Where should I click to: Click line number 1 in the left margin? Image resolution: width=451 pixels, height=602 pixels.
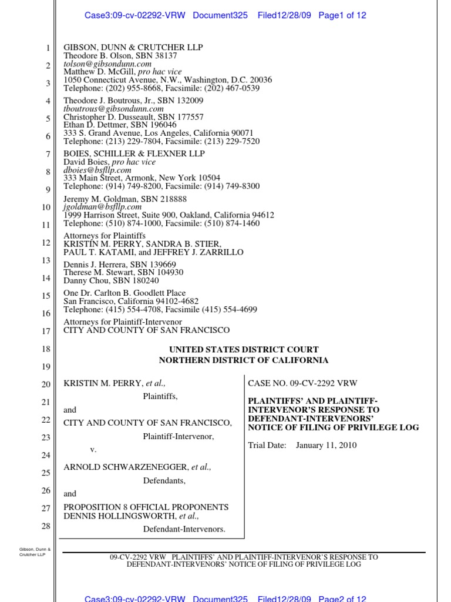[x=48, y=48]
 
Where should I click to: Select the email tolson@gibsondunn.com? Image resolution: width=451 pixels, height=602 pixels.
[x=107, y=63]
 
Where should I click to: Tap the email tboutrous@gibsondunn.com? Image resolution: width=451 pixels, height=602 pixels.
[x=113, y=109]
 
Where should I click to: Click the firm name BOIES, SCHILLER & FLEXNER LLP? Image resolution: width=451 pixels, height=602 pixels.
[x=134, y=154]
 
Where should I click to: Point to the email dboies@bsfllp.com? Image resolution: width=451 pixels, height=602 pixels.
[x=97, y=170]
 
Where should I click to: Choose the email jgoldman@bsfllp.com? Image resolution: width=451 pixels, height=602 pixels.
[x=103, y=207]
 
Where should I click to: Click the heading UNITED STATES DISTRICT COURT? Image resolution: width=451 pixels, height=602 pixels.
[x=244, y=350]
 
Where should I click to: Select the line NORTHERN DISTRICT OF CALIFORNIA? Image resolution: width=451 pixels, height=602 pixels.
[x=244, y=360]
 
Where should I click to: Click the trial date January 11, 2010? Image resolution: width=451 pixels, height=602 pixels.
[x=326, y=445]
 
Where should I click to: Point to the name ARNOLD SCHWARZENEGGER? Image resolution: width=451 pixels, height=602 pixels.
[x=126, y=467]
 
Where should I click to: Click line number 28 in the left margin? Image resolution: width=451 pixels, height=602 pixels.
[x=46, y=526]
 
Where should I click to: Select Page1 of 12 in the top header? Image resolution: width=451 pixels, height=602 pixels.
[x=342, y=15]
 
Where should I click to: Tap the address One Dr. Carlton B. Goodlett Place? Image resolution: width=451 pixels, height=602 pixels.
[x=124, y=293]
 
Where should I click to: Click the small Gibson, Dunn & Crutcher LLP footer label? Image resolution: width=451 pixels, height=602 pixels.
[x=35, y=552]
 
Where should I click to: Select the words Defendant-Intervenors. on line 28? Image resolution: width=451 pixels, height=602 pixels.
[x=184, y=529]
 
